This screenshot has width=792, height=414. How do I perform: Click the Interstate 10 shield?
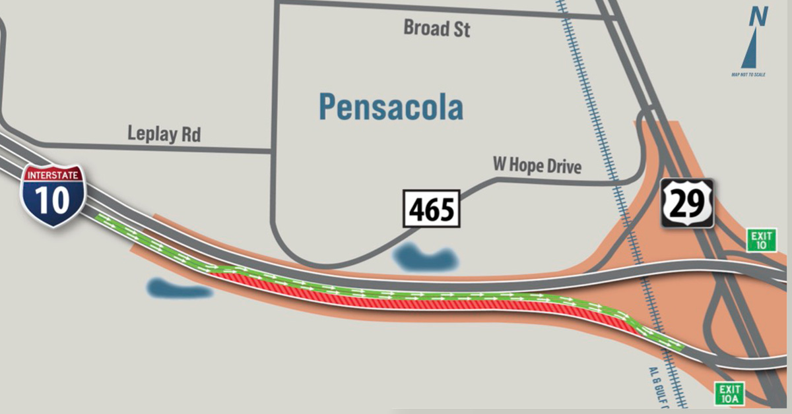click(x=53, y=195)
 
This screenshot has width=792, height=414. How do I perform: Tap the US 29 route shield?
click(x=688, y=203)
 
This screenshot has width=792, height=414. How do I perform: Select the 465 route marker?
click(x=432, y=209)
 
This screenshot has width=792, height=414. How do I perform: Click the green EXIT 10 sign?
click(x=761, y=239)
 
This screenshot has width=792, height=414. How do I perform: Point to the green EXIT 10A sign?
click(x=729, y=394)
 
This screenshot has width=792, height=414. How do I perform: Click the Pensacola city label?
click(x=391, y=107)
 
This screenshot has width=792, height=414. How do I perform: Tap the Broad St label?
click(x=437, y=28)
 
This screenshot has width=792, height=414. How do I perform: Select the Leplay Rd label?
click(x=164, y=134)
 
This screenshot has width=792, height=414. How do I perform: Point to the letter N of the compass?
click(x=758, y=16)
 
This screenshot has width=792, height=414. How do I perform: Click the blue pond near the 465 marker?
click(x=426, y=258)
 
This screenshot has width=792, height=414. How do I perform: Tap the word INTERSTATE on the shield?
click(x=53, y=175)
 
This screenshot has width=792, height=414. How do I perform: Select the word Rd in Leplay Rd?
click(x=190, y=134)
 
